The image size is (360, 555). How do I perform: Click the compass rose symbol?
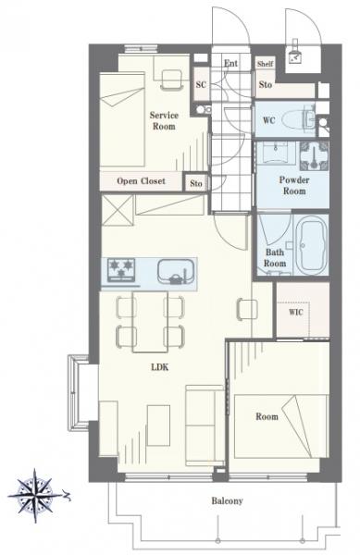tap(35, 495)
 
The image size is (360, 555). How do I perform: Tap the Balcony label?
tap(228, 500)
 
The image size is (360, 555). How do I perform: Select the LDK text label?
tap(160, 367)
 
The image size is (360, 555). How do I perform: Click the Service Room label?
tap(164, 120)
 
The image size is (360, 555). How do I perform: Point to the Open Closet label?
tap(141, 181)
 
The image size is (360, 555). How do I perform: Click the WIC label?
tap(296, 313)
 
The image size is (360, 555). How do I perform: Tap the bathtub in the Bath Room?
tap(312, 245)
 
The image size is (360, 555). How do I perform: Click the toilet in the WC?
tap(299, 119)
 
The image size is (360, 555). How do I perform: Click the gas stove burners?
tap(122, 270)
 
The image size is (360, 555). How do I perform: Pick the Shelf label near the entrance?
tap(265, 64)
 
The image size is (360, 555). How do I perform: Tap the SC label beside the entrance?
tap(201, 84)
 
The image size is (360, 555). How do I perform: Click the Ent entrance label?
tap(230, 63)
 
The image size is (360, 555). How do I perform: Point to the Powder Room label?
tap(294, 185)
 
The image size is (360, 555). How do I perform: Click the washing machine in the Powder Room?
tap(314, 155)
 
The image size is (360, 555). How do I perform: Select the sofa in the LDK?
tap(205, 425)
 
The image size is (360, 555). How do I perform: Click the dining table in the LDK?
tap(150, 321)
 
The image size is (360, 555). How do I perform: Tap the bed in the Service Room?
tap(122, 119)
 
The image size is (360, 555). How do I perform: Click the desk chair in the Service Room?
tap(172, 80)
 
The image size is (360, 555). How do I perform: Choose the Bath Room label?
tap(275, 258)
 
